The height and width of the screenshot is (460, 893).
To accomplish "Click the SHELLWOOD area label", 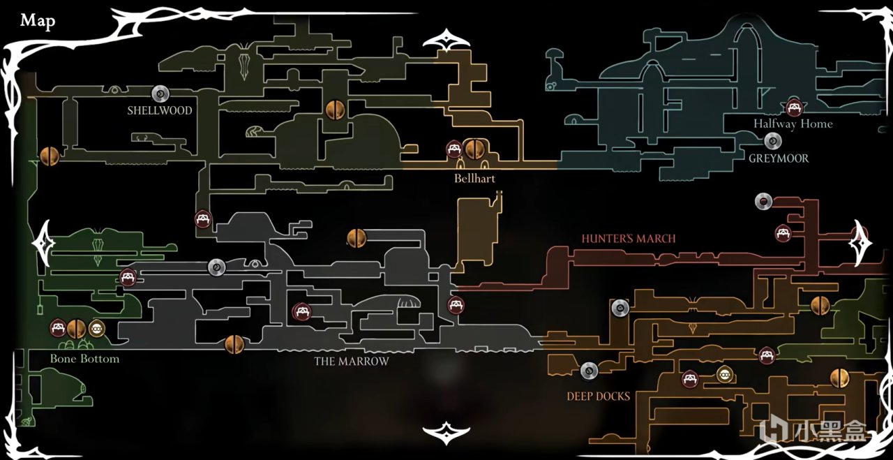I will pyautogui.click(x=160, y=110).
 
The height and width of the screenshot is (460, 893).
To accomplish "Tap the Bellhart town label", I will pyautogui.click(x=474, y=179).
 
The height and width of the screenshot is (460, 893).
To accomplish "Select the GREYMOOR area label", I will pyautogui.click(x=779, y=158).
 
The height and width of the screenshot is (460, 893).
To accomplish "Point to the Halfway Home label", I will pyautogui.click(x=793, y=124).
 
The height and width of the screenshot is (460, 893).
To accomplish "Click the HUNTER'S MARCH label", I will pyautogui.click(x=629, y=239).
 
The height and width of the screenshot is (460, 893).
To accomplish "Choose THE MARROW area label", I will pyautogui.click(x=352, y=362).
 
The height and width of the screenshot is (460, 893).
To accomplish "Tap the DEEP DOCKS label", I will pyautogui.click(x=599, y=396).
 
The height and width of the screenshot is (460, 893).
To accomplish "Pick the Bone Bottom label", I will pyautogui.click(x=84, y=359).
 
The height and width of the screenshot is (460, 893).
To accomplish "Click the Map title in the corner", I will pyautogui.click(x=38, y=21).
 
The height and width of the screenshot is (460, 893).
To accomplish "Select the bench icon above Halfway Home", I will pyautogui.click(x=793, y=107).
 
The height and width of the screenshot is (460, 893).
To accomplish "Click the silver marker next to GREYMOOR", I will pyautogui.click(x=772, y=142).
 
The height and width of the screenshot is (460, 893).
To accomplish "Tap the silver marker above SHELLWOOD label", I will pyautogui.click(x=160, y=94).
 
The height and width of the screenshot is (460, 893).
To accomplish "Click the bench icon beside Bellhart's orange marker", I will pyautogui.click(x=454, y=149).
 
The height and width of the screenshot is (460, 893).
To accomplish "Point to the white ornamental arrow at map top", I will pyautogui.click(x=446, y=40).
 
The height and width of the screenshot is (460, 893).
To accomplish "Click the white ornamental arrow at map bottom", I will pyautogui.click(x=446, y=433).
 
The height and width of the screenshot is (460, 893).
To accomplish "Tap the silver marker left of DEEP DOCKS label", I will pyautogui.click(x=590, y=371).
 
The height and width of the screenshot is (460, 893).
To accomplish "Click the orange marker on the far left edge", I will pyautogui.click(x=49, y=156).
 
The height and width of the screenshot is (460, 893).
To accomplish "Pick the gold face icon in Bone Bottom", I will pyautogui.click(x=96, y=327).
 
